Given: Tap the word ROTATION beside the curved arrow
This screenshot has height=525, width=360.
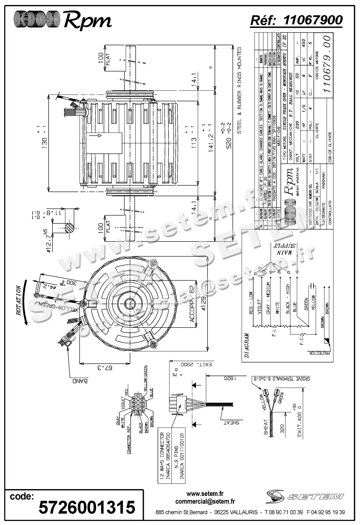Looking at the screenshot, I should click(18, 300).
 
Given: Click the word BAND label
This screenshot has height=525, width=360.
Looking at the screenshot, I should click(79, 381).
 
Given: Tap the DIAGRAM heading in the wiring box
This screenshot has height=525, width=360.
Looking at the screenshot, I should click(246, 345).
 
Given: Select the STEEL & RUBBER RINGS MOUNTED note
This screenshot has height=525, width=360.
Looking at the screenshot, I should click(240, 90).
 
